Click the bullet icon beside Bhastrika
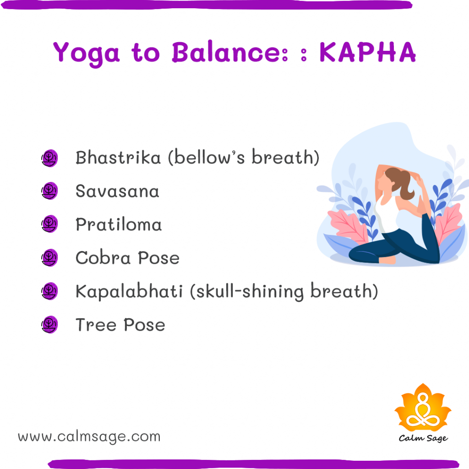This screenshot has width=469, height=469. pyautogui.click(x=49, y=158)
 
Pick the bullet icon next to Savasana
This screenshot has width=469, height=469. pyautogui.click(x=49, y=191)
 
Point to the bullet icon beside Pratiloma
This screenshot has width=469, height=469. pyautogui.click(x=49, y=224)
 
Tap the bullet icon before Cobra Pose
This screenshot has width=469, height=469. pyautogui.click(x=49, y=258)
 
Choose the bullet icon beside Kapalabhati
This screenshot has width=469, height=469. pyautogui.click(x=49, y=291)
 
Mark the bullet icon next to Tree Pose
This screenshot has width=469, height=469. pyautogui.click(x=49, y=325)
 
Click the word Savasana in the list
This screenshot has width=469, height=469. pyautogui.click(x=117, y=191)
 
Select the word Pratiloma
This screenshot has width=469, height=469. pyautogui.click(x=119, y=224)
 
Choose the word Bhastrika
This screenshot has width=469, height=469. pyautogui.click(x=118, y=158)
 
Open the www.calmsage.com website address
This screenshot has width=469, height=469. pyautogui.click(x=89, y=436)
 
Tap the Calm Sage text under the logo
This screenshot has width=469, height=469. pyautogui.click(x=423, y=438)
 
